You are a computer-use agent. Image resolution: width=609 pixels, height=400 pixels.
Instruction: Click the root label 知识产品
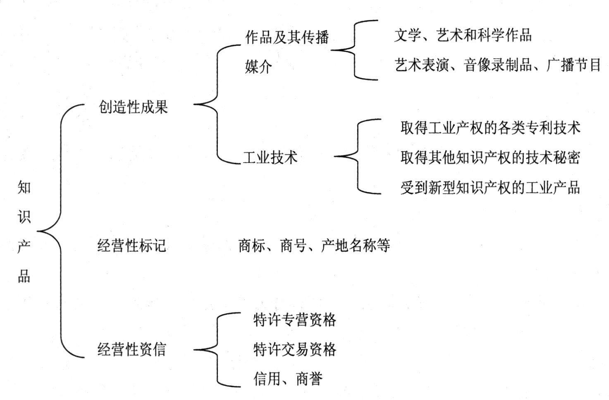(24, 232)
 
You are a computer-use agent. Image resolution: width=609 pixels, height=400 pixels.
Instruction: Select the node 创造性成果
(133, 107)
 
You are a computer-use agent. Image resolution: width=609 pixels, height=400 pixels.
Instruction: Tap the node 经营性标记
(131, 246)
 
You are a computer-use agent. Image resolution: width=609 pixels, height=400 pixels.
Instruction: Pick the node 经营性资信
(131, 349)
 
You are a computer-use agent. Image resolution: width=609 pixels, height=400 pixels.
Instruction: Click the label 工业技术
(270, 157)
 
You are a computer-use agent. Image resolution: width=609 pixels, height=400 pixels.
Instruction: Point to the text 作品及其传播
(287, 37)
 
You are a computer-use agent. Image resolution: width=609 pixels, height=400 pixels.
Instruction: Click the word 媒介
(258, 66)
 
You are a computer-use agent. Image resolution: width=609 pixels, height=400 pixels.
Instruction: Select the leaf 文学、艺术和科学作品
(463, 35)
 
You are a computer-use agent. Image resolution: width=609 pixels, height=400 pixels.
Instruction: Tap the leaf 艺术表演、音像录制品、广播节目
(497, 65)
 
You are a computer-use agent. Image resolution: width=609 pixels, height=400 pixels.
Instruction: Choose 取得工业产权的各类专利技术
(490, 127)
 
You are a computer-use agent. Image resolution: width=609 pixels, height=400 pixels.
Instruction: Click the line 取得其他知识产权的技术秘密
(490, 157)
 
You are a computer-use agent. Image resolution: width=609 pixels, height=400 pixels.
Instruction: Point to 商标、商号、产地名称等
(314, 246)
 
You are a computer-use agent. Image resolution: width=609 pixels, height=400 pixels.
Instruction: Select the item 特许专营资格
(294, 320)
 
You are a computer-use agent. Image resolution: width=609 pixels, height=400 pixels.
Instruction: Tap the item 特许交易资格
(294, 349)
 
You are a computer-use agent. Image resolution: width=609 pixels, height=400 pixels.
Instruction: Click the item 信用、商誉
(288, 379)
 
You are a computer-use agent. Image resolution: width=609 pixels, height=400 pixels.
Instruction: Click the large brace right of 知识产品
(60, 231)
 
